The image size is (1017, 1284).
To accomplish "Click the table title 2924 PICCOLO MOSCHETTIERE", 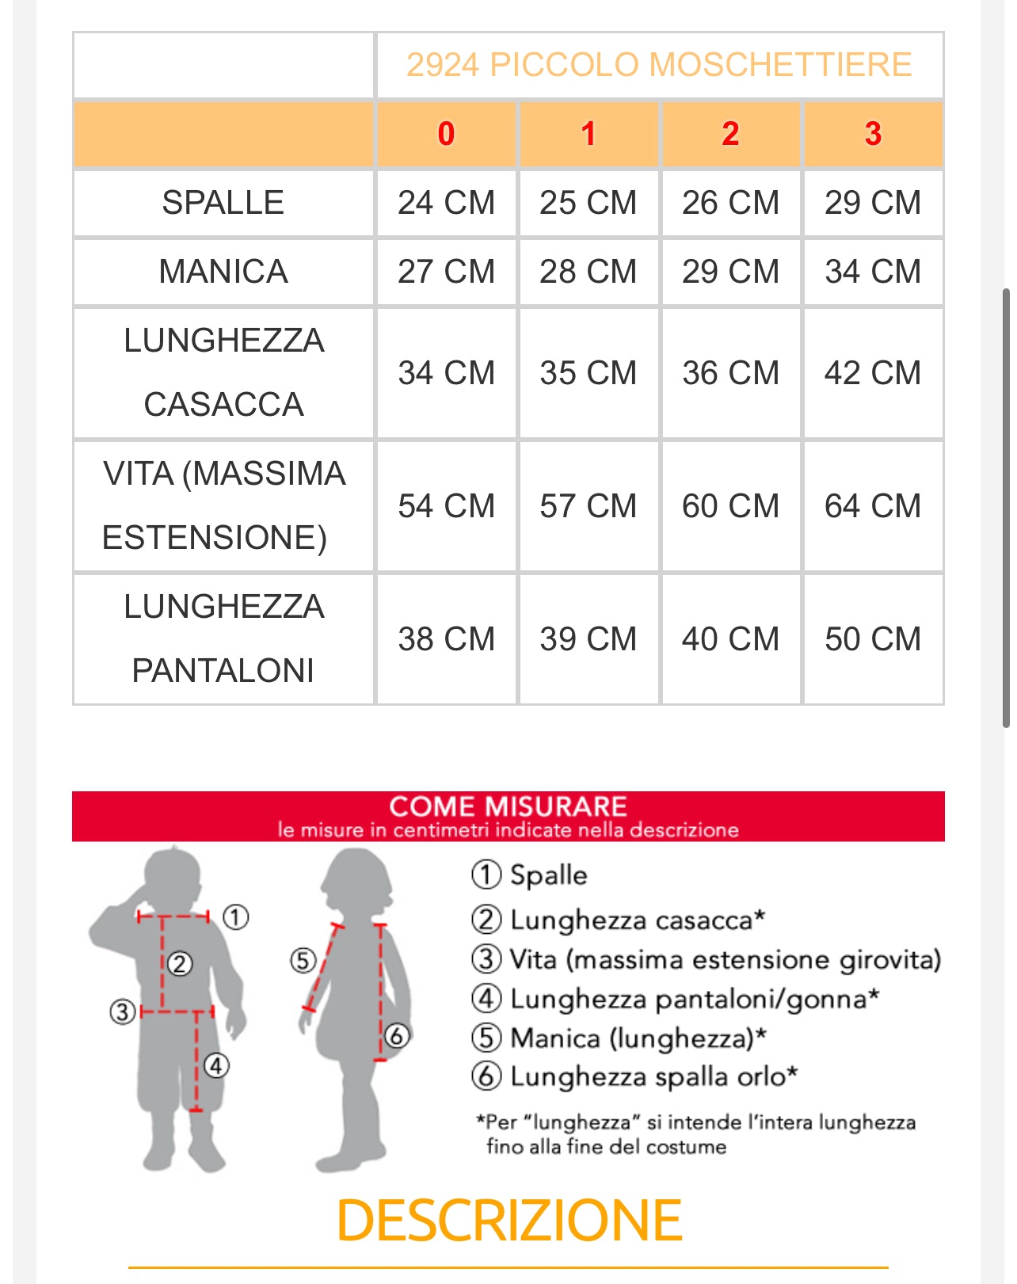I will coord(659,65).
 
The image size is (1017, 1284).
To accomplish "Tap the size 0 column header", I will coord(446,134).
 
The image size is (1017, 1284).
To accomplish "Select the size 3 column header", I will coord(873,134).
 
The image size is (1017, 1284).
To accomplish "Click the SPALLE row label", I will coord(223,203).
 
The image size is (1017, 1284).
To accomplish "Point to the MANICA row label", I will coord(223,272).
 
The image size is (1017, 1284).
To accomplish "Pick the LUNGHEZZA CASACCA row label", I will coord(223,372).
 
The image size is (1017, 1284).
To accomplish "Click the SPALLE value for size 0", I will coord(446,203).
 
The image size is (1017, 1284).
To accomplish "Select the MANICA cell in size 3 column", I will coord(873,272).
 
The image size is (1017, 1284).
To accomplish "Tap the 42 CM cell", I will coord(873,372).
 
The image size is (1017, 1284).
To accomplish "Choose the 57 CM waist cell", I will coord(588,505).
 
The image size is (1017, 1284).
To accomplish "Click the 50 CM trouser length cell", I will coord(873,638).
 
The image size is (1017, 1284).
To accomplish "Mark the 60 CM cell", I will coord(730,505).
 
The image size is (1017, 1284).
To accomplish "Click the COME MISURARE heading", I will coord(508,806).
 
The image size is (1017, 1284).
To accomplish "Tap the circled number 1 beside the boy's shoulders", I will coord(236,917).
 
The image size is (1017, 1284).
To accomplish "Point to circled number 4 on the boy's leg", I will coord(216,1065).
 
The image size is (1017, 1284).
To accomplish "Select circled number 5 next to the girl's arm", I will coord(303,961).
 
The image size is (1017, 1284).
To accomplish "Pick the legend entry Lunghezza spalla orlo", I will coord(653,1076).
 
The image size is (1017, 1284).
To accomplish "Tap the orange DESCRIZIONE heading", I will coord(508,1221).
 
